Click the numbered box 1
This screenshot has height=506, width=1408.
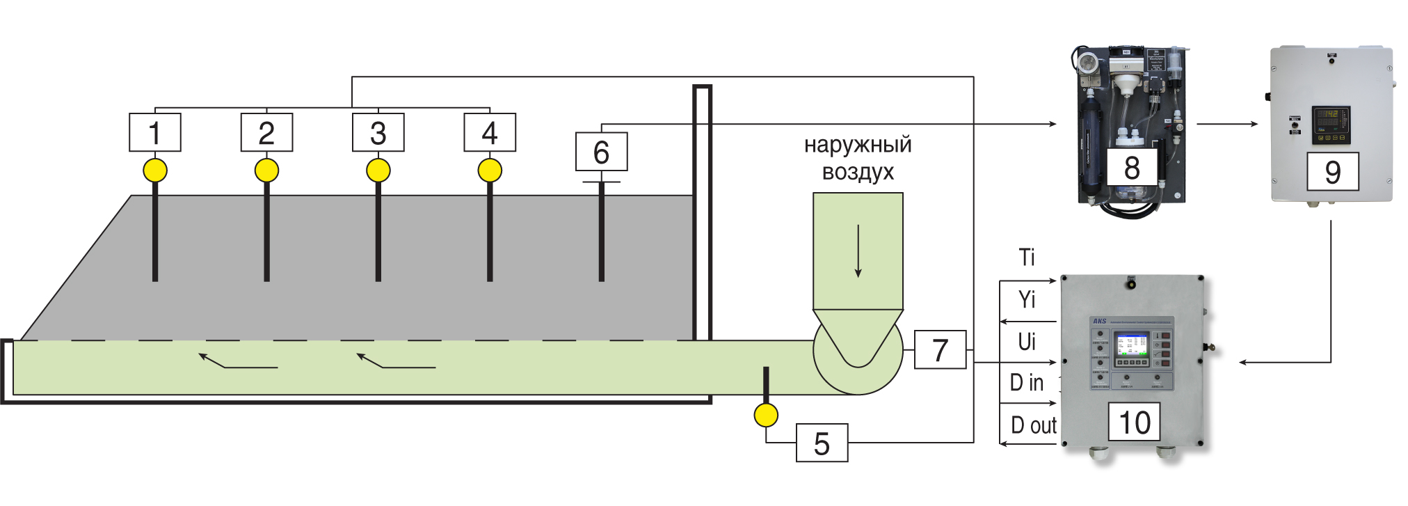click(x=155, y=132)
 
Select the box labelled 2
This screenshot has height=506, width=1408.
click(x=266, y=132)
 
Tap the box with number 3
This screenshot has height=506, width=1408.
click(x=378, y=132)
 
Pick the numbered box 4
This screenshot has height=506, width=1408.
click(x=490, y=132)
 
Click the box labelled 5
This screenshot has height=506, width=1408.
click(x=822, y=443)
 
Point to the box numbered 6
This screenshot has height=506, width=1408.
click(x=601, y=152)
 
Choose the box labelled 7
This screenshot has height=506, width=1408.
click(x=940, y=349)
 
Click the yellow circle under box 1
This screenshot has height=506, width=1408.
click(x=155, y=170)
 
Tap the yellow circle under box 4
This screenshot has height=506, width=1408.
click(x=490, y=170)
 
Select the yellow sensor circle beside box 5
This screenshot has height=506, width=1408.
click(x=766, y=416)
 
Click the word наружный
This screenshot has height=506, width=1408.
click(x=858, y=145)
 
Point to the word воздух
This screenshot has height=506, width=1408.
click(x=858, y=172)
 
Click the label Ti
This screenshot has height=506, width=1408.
click(x=1027, y=258)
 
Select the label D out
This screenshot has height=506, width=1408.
click(x=1034, y=425)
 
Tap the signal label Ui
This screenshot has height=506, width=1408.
click(x=1027, y=342)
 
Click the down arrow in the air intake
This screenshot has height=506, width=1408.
click(x=858, y=251)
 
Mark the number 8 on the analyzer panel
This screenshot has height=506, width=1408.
click(x=1132, y=168)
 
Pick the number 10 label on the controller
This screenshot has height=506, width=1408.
click(x=1134, y=422)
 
